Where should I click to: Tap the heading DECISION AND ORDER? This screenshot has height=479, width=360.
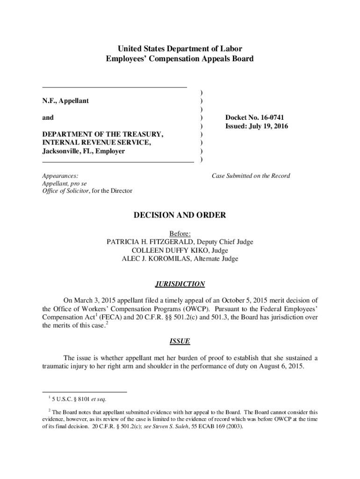tap(180, 215)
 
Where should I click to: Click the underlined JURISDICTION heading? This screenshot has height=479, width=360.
tap(180, 284)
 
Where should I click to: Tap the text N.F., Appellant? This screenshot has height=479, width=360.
tap(65, 101)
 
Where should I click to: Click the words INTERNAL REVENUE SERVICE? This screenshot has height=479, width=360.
tap(96, 143)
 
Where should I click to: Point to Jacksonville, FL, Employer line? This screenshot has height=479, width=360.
tap(84, 151)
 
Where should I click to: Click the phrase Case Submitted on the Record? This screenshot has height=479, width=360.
tap(251, 176)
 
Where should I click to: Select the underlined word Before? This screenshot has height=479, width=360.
tap(180, 233)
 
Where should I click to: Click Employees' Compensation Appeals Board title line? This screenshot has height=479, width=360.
tap(180, 59)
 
